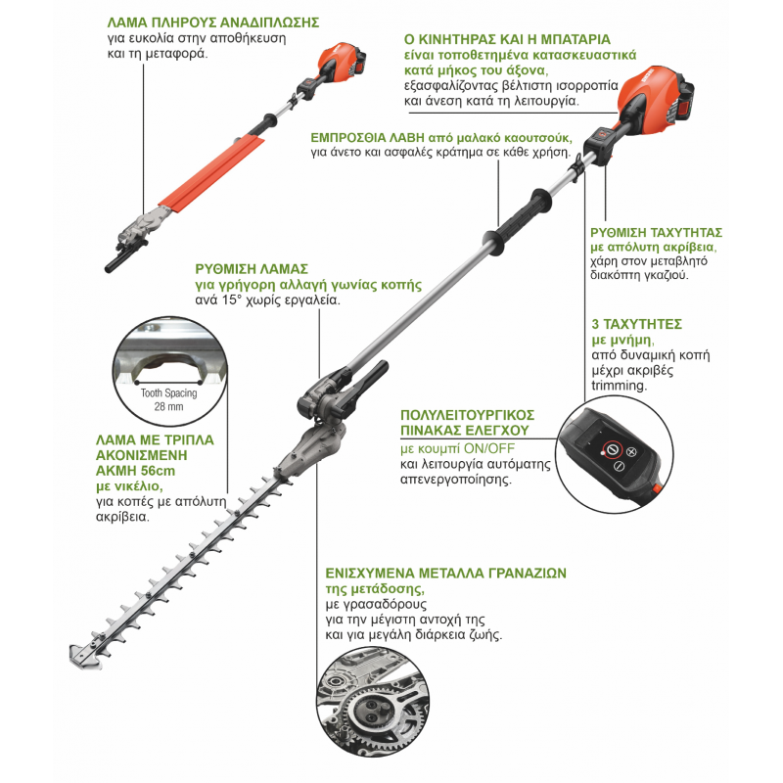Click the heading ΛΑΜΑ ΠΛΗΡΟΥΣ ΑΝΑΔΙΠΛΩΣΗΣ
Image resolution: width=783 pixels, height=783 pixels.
coord(213,23)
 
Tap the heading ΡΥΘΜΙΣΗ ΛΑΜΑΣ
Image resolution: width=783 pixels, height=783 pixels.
coord(252,269)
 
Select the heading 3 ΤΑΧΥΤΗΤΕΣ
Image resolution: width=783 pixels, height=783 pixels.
coord(637,324)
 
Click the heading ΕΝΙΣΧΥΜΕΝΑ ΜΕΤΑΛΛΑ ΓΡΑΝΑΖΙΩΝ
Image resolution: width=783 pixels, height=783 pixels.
coord(446,573)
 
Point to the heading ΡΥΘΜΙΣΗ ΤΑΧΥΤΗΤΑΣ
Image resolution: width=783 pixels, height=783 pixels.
coord(656,233)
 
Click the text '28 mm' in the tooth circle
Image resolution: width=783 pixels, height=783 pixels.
coord(168,406)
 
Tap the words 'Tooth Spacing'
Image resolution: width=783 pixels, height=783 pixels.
coord(168,393)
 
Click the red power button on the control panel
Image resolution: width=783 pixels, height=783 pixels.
coord(612,451)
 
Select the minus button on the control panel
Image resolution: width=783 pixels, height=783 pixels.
coord(619,466)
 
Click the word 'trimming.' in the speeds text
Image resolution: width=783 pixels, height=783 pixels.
coord(620,385)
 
